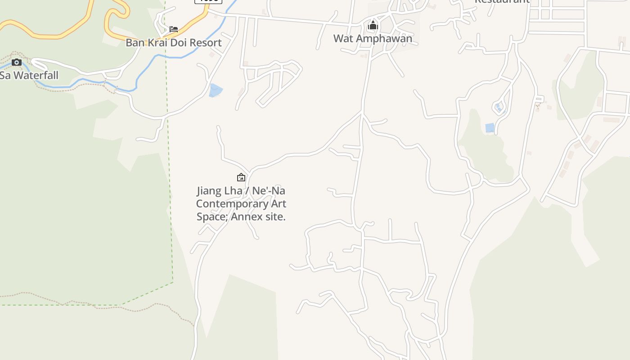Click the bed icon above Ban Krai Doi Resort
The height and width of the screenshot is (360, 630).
pos(174,29)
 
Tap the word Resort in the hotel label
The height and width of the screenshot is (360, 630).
pos(205,43)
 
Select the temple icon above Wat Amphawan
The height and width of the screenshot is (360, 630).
pos(373,26)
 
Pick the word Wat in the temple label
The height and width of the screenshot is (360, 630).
pos(343,39)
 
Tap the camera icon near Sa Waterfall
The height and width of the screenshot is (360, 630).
pos(17,62)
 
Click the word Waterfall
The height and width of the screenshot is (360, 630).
pos(36,75)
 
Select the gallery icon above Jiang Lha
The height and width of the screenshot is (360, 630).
pos(241,177)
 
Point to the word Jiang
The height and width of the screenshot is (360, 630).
pos(210,191)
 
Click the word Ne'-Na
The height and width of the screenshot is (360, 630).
pos(268,191)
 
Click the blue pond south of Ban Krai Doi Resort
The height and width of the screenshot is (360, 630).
pos(215,90)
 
